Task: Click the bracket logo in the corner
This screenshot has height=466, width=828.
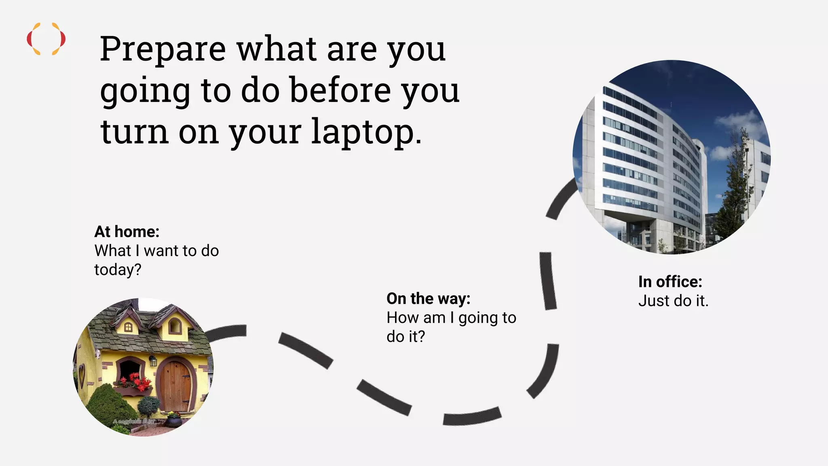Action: tap(46, 39)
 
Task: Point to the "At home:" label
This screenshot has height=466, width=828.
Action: tap(127, 232)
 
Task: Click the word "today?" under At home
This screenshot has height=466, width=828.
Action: tap(118, 270)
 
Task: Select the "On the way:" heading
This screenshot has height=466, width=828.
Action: tap(429, 299)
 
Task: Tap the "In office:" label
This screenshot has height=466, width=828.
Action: tap(670, 282)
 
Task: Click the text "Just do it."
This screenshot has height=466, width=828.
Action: tap(673, 301)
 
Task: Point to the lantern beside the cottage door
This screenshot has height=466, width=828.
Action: tap(153, 360)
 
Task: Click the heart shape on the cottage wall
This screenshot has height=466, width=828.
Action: tap(82, 375)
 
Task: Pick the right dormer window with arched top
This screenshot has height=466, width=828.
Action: tap(175, 326)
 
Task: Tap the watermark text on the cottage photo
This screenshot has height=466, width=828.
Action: tap(133, 422)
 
